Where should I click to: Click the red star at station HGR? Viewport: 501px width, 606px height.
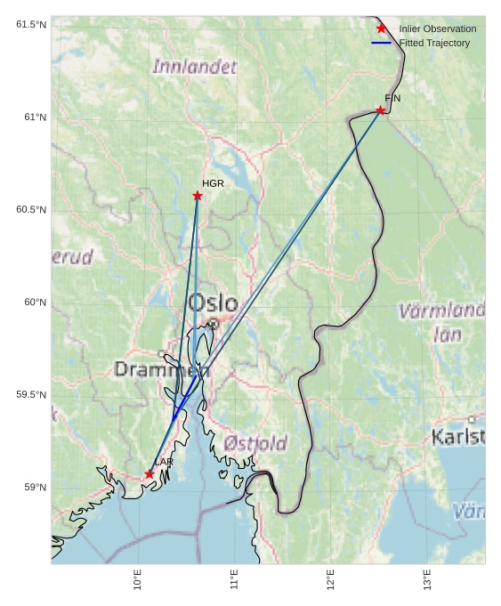coord(198,196)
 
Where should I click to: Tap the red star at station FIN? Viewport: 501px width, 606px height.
coord(381,110)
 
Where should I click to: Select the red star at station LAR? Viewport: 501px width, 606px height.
coord(149,474)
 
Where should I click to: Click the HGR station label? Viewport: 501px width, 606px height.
coord(213,183)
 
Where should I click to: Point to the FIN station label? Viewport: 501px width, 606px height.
coord(392,98)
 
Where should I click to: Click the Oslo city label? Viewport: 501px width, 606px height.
coord(213,303)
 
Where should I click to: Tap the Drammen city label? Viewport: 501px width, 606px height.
coord(161,369)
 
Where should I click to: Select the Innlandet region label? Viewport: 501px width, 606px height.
coord(195,67)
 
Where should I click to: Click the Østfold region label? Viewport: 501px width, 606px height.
coord(255,443)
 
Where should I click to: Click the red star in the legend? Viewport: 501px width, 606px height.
coord(382,28)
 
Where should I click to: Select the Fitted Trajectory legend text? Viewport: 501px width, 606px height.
coord(434,43)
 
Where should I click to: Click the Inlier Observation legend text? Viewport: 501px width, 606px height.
coord(437,28)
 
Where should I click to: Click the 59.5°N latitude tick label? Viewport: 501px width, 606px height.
coord(31,395)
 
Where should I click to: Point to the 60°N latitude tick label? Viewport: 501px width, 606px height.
coord(35,303)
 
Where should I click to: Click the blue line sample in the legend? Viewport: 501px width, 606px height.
coord(382,43)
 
